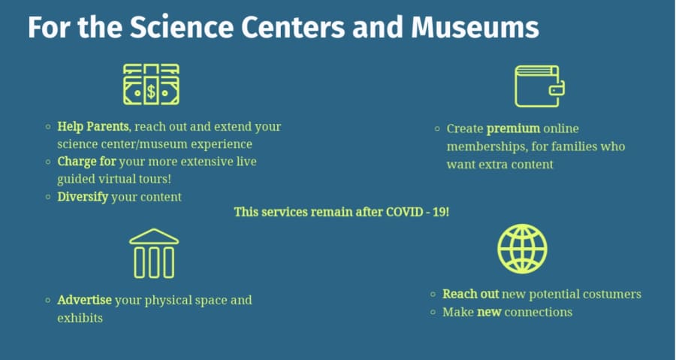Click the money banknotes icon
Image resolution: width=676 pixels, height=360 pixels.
point(151,84)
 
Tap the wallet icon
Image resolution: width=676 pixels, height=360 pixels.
point(539,86)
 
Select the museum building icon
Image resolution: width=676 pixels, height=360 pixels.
point(154,253)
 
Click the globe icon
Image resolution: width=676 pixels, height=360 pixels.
point(522,249)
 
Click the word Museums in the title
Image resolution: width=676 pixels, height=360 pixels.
point(475,27)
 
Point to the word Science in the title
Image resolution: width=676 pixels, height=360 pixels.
point(182,27)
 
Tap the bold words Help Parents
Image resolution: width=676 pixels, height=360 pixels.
point(92,127)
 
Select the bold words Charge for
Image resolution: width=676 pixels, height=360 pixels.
point(86,162)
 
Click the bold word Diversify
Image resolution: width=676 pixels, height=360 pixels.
point(83,197)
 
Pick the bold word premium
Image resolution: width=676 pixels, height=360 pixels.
point(513,129)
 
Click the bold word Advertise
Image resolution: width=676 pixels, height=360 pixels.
point(84,300)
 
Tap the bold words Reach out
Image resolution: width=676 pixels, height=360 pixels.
point(470,294)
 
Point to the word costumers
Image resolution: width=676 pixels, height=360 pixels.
point(611,295)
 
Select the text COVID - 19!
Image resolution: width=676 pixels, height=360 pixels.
point(418,212)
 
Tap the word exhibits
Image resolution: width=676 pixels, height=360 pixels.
point(80,318)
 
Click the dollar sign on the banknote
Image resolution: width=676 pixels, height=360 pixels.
point(151,92)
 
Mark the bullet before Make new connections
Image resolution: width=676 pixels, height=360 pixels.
point(433,312)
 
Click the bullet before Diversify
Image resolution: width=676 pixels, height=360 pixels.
point(48,197)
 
